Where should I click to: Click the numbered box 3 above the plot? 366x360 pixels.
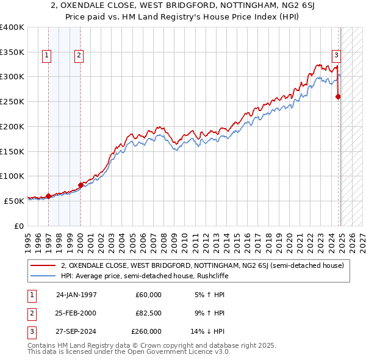pyautogui.click(x=336, y=54)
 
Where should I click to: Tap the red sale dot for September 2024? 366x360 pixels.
pyautogui.click(x=338, y=96)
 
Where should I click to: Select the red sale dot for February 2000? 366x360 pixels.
pyautogui.click(x=81, y=185)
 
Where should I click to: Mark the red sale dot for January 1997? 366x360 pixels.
pyautogui.click(x=49, y=196)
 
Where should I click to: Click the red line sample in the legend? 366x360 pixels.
pyautogui.click(x=43, y=265)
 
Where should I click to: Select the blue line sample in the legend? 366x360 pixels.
pyautogui.click(x=43, y=276)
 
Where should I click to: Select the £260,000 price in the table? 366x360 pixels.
pyautogui.click(x=146, y=332)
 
